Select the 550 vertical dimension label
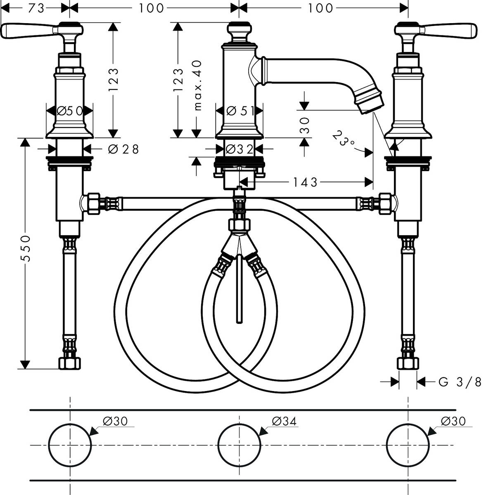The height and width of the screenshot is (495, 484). pos(26,249)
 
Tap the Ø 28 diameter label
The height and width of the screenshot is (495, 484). pos(123,148)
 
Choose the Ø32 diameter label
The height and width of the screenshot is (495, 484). pos(240,148)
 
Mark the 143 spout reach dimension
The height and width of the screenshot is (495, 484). pos(305,181)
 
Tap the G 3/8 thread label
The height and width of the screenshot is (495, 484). pos(460,382)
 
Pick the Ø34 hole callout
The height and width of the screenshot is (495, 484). pos(285,421)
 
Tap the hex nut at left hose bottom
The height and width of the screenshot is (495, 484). pos(70,363)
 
